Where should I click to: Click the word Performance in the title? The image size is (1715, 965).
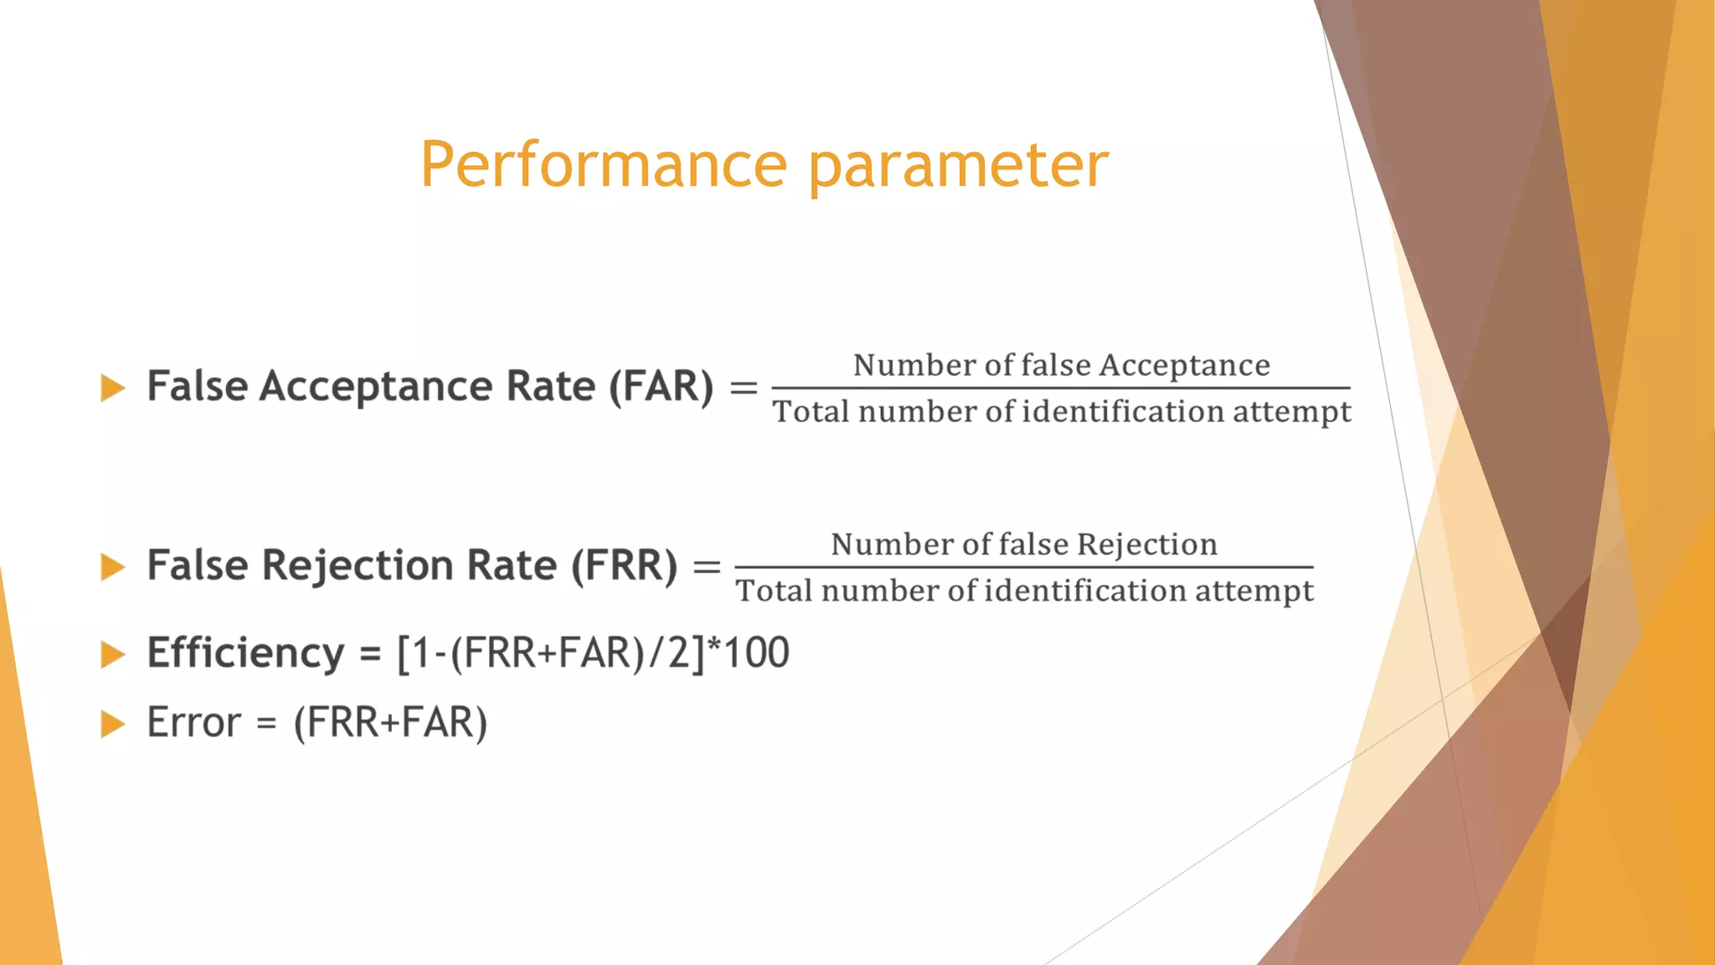tap(603, 165)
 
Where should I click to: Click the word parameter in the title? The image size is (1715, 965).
tap(958, 165)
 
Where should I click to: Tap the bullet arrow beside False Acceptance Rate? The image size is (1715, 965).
tap(113, 388)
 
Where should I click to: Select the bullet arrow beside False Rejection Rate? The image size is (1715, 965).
tap(113, 567)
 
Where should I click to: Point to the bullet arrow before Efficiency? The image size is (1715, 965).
tap(113, 654)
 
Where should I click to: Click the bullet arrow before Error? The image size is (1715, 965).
tap(113, 724)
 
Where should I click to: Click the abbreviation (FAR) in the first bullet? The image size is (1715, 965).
tap(661, 387)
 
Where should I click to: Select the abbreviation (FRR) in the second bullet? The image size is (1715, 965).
tap(624, 566)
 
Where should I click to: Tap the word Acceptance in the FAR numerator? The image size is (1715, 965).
tap(1184, 366)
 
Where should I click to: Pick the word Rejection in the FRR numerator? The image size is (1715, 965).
tap(1146, 545)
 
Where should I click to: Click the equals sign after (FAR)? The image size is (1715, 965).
tap(744, 388)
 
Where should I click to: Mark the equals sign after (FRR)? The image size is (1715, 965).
tap(707, 567)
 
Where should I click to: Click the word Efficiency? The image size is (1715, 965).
tap(245, 653)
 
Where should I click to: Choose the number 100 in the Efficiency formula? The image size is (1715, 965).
tap(756, 653)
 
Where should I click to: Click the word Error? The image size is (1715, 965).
tap(193, 723)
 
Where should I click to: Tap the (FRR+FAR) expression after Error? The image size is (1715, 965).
tap(390, 723)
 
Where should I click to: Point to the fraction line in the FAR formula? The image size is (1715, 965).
tap(1060, 388)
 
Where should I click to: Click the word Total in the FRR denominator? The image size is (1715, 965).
tap(774, 591)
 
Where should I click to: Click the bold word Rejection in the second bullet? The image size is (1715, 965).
tap(358, 566)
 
